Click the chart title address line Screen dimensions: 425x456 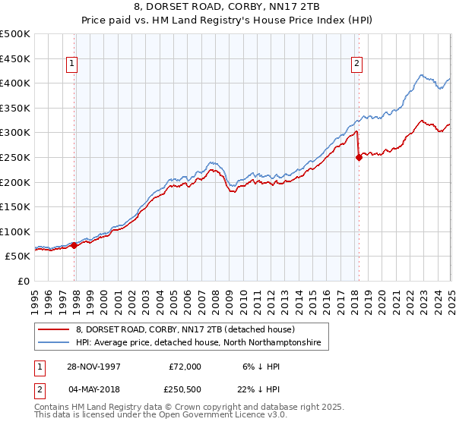click(x=228, y=7)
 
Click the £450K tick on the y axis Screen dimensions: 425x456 click(x=15, y=58)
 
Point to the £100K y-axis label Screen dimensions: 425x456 click(x=15, y=231)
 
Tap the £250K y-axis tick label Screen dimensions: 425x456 click(x=15, y=157)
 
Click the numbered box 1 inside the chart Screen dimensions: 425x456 click(x=71, y=65)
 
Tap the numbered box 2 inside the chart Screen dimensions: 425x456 click(x=356, y=65)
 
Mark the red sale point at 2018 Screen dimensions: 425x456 click(x=359, y=157)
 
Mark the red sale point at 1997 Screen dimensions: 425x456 click(x=74, y=246)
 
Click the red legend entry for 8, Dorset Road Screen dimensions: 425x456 click(x=190, y=330)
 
